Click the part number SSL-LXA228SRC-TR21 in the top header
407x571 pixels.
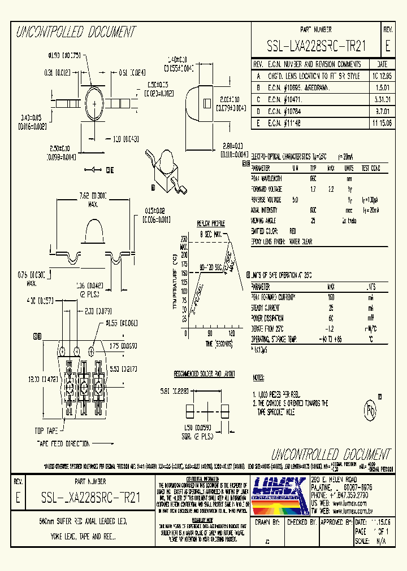click(316, 47)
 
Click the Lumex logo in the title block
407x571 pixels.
click(278, 489)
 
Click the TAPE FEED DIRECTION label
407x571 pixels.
click(63, 443)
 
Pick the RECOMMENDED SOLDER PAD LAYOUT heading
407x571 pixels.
click(204, 374)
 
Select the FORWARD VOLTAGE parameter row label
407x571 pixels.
click(267, 190)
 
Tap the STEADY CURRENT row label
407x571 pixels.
click(265, 308)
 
